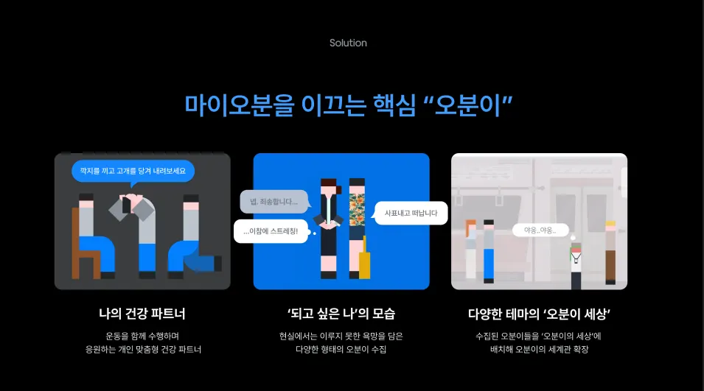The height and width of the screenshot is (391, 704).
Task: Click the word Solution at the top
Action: tap(348, 43)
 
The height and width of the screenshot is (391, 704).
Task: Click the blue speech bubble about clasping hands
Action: tap(133, 172)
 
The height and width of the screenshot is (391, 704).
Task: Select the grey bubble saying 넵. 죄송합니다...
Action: tap(273, 201)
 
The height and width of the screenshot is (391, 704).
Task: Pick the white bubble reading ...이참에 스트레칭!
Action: tap(271, 231)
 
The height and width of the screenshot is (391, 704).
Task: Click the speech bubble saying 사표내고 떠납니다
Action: tap(411, 213)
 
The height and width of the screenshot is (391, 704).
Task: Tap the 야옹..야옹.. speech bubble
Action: tap(540, 230)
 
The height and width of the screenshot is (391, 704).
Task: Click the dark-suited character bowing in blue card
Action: tap(328, 221)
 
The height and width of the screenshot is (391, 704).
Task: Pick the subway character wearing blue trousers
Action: tap(488, 250)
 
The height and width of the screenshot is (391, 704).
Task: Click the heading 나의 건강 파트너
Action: tap(142, 314)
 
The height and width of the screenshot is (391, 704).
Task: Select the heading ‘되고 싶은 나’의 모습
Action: tap(341, 314)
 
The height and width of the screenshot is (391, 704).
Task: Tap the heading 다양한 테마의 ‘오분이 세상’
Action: tap(539, 314)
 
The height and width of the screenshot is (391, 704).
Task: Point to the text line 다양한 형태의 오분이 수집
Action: tap(341, 350)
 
